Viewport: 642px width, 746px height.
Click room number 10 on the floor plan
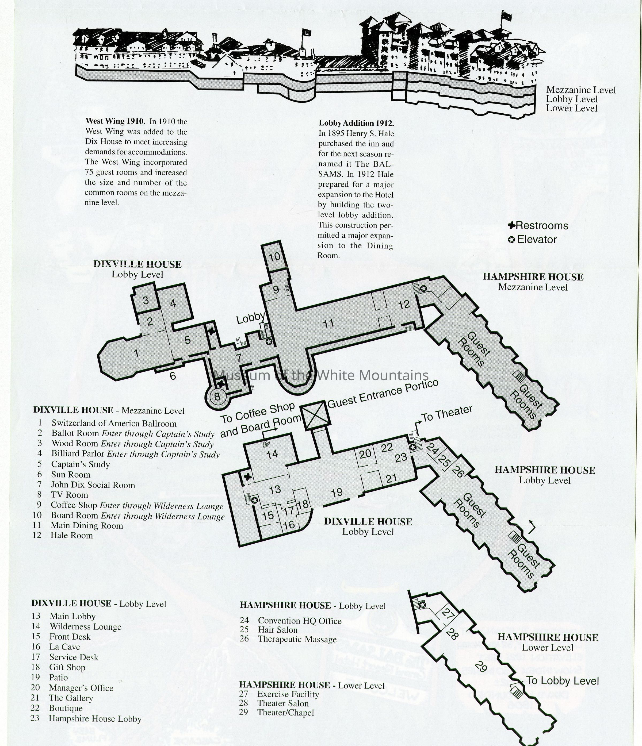coord(274,257)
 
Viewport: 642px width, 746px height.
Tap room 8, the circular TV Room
coord(217,397)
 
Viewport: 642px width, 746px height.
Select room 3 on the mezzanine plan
coord(146,300)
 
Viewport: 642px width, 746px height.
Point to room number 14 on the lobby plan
coord(272,454)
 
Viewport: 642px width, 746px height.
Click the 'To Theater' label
coord(447,414)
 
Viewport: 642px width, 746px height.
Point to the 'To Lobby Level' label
coord(562,681)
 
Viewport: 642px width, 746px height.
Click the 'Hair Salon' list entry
coord(277,630)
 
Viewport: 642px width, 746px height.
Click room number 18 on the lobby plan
coord(303,504)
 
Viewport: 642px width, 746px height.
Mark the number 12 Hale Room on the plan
coord(404,305)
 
